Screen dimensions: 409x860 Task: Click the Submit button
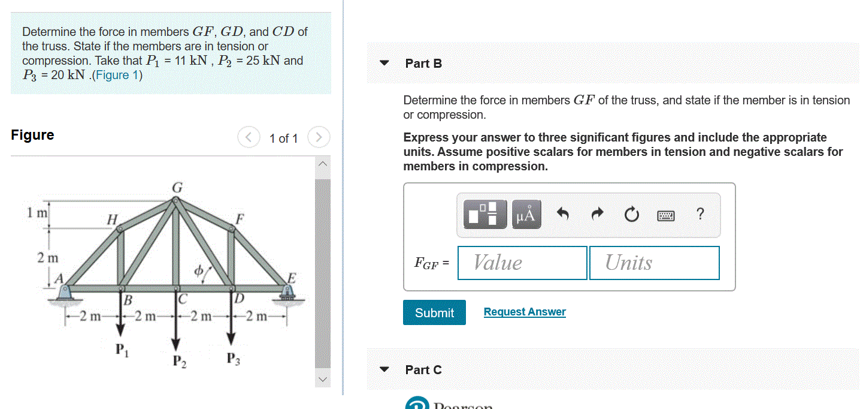[x=434, y=312]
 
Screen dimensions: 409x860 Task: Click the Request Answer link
[x=524, y=312]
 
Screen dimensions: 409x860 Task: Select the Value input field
[x=522, y=263]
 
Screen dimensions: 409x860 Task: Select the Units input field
[x=654, y=263]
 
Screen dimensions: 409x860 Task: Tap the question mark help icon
[x=701, y=214]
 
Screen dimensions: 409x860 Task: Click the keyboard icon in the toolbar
[x=666, y=215]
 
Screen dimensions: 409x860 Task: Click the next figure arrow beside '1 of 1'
[x=319, y=138]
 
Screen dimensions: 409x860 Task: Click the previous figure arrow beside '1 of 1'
[x=248, y=138]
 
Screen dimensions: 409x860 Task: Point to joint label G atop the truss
[x=177, y=188]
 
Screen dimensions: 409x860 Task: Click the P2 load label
[x=178, y=361]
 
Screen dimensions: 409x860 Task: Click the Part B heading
[x=423, y=64]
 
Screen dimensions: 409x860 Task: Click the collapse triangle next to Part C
[x=385, y=369]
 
